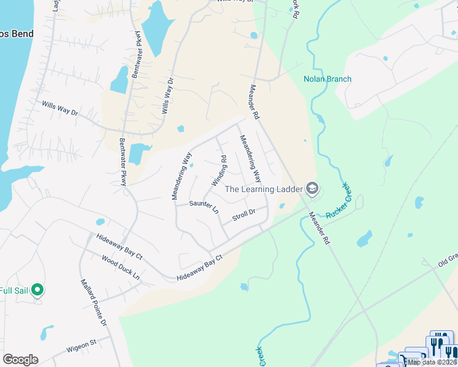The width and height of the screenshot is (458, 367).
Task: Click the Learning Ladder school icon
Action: coord(312,188)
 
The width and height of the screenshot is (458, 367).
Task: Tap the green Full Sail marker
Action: coord(37,289)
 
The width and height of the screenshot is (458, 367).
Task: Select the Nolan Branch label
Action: coord(328,79)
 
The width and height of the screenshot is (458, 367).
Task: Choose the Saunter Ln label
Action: coord(204,207)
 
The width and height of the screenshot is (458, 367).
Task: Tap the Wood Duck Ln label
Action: coord(121,269)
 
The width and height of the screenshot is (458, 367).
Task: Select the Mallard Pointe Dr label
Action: coord(94,302)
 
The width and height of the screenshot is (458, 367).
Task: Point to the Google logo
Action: coord(20,360)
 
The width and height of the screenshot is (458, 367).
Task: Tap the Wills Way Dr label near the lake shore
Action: coord(60,109)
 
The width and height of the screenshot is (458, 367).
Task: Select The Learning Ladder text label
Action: coord(264,189)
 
